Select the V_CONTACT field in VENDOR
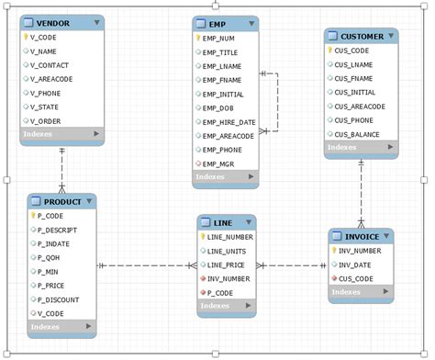click(x=52, y=65)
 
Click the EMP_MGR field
click(x=221, y=163)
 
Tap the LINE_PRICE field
click(x=227, y=264)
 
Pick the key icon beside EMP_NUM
click(x=198, y=39)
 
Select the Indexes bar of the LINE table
click(x=226, y=306)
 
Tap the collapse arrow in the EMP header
click(x=251, y=22)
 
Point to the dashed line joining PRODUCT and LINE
click(x=147, y=266)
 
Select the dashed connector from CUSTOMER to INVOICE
click(x=361, y=193)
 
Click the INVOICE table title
click(x=359, y=235)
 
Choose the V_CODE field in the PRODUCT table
click(x=50, y=312)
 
